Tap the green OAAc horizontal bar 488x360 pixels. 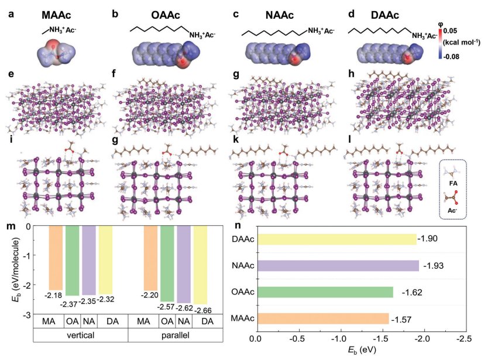(325, 292)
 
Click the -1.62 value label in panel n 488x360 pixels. (411, 292)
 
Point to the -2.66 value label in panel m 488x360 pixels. (201, 309)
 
